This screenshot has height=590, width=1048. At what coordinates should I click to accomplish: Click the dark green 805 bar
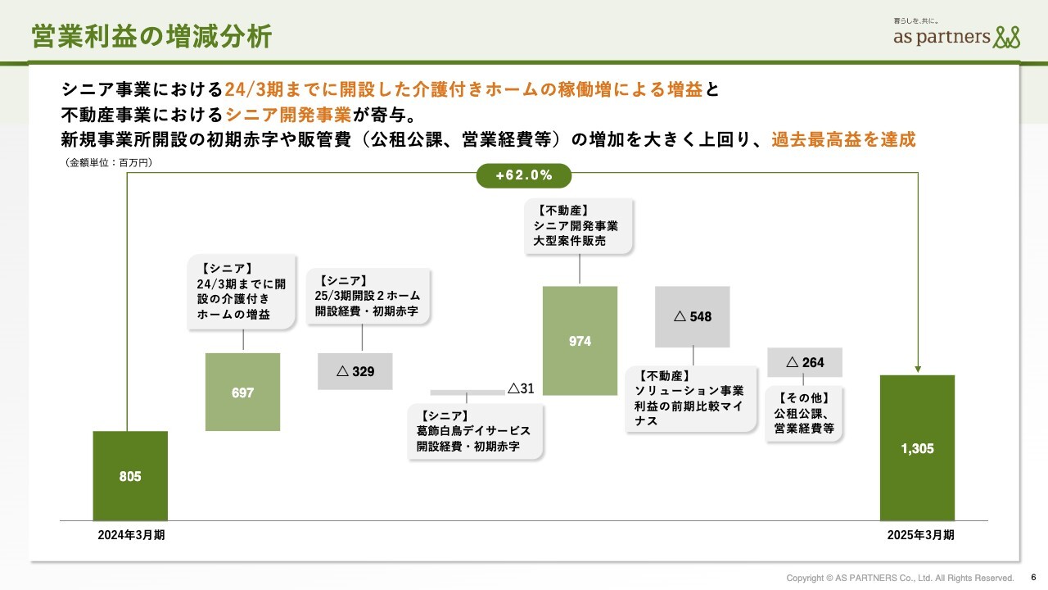click(x=130, y=476)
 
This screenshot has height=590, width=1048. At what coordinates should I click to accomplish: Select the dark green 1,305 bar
click(x=917, y=447)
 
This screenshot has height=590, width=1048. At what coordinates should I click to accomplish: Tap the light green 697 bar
click(x=242, y=392)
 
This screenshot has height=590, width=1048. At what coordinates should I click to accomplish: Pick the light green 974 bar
click(x=580, y=340)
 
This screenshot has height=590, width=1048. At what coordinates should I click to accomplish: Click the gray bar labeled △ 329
click(x=355, y=371)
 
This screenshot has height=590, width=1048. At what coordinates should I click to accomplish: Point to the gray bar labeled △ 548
click(x=692, y=316)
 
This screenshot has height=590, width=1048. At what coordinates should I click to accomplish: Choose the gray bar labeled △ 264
click(x=805, y=362)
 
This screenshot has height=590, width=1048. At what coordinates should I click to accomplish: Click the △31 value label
click(x=521, y=388)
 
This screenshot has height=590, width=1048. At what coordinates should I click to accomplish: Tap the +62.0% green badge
click(x=523, y=175)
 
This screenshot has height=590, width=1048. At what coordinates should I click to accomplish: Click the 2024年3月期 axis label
click(x=131, y=535)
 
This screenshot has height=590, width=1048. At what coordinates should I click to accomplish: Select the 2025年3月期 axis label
click(x=920, y=535)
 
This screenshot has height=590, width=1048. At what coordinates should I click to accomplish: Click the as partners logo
click(x=956, y=34)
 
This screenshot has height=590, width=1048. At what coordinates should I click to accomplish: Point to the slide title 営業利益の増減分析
click(x=151, y=37)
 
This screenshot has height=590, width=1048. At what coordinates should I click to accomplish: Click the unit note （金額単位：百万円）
click(x=109, y=162)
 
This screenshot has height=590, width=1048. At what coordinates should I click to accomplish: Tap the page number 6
click(x=1033, y=578)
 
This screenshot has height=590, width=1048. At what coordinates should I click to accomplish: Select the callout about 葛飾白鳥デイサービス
click(x=475, y=431)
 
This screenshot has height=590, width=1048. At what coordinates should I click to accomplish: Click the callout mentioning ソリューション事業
click(x=690, y=398)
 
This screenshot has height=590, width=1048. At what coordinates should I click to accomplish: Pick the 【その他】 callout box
click(x=804, y=413)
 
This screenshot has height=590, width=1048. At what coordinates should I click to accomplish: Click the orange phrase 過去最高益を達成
click(x=843, y=139)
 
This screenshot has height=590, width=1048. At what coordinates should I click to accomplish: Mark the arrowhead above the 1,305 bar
click(x=918, y=369)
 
